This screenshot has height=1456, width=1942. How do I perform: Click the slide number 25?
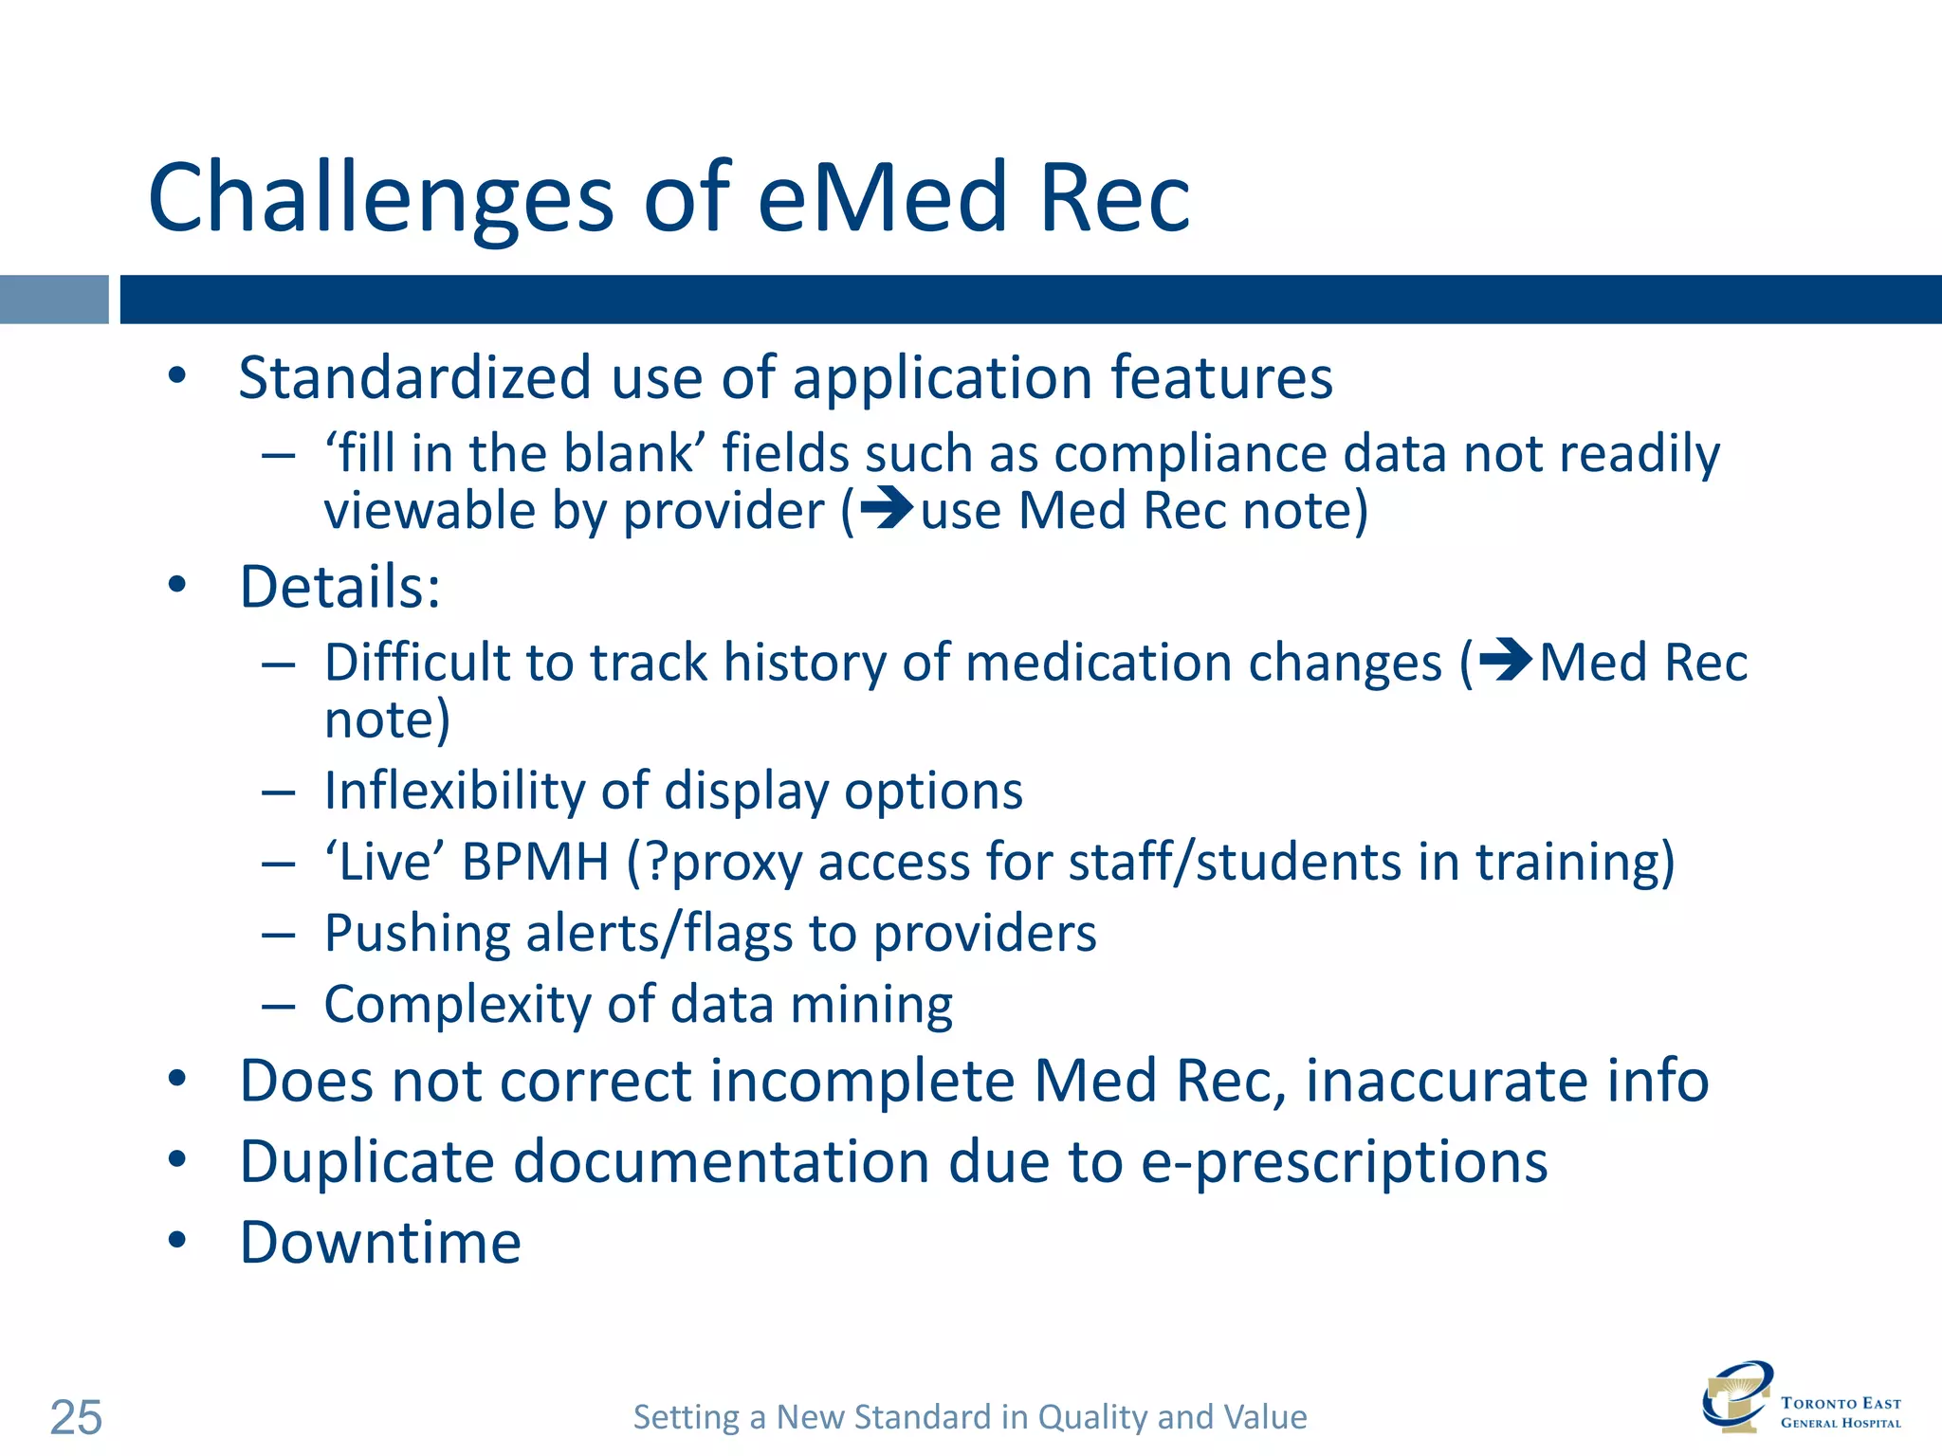coord(76,1417)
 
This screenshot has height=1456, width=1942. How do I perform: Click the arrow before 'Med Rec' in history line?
coord(1505,660)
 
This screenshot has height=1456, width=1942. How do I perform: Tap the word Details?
coord(340,587)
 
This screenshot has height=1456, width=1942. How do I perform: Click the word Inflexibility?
coord(454,791)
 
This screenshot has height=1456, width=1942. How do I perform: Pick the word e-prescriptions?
coord(1344,1163)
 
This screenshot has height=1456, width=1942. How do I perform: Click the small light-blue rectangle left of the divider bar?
coord(54,300)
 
